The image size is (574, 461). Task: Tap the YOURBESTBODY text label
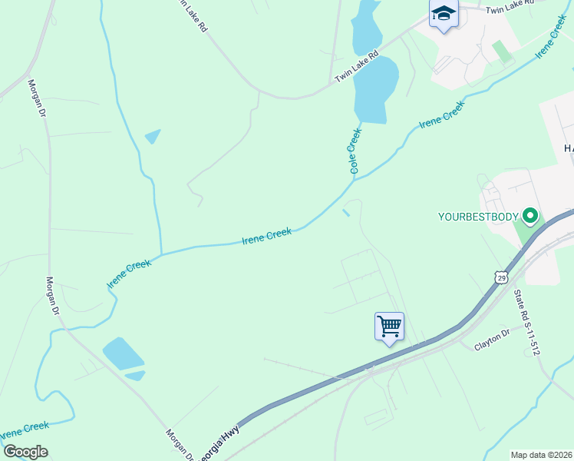[x=477, y=216]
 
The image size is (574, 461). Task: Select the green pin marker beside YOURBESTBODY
[x=529, y=216]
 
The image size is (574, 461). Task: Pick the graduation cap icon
[x=444, y=14]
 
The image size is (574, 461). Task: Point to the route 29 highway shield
[x=501, y=277]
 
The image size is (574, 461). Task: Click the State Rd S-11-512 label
[x=527, y=322]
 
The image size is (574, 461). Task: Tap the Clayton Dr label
[x=492, y=339]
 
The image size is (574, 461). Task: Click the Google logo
[x=25, y=451]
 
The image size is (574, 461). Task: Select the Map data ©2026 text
[x=541, y=455]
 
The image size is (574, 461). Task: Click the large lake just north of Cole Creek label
[x=376, y=88]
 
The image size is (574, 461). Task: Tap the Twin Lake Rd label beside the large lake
[x=357, y=67]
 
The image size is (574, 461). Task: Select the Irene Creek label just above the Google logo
[x=25, y=430]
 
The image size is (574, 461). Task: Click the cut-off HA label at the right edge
[x=568, y=148]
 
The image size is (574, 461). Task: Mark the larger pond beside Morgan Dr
[x=123, y=353]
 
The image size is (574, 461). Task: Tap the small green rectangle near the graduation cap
[x=502, y=51]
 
